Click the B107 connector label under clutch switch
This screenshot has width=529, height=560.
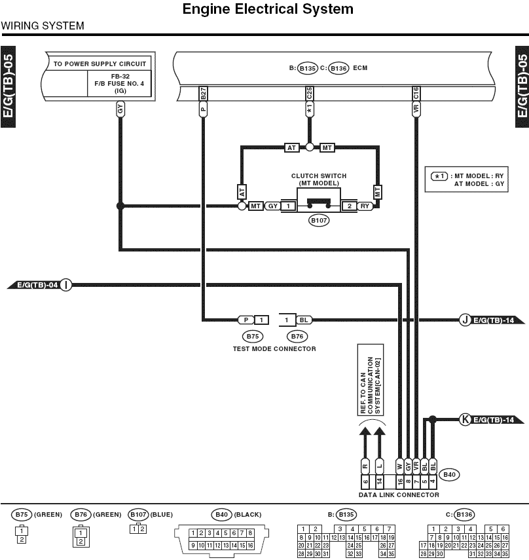tap(319, 220)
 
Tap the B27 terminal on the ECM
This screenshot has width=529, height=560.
tap(203, 94)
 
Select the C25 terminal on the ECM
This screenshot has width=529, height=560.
tap(310, 94)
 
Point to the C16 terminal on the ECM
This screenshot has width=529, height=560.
tap(416, 94)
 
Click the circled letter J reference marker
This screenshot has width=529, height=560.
tap(465, 320)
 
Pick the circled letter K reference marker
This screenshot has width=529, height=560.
tap(465, 419)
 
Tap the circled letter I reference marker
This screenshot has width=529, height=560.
tap(65, 285)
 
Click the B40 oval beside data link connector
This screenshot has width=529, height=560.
tap(449, 475)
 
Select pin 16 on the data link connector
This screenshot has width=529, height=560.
tap(400, 481)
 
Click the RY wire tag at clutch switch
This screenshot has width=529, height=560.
tap(365, 206)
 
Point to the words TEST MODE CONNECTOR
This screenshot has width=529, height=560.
tap(274, 348)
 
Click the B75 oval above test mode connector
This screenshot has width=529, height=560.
tap(253, 336)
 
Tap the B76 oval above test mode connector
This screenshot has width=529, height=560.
tap(297, 336)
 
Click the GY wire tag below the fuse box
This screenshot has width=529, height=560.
tap(120, 109)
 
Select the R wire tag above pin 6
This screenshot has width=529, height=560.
tap(365, 466)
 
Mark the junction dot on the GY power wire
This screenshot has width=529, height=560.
tap(120, 206)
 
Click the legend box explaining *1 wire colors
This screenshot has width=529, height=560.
tap(466, 179)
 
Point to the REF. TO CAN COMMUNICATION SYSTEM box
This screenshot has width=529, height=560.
tap(371, 380)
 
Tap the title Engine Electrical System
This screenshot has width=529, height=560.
tap(268, 9)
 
